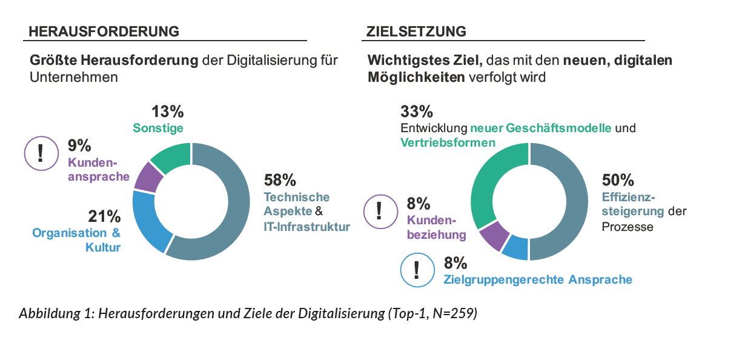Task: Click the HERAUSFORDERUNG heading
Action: [104, 31]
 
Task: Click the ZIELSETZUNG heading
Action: [416, 31]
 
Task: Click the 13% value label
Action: [167, 112]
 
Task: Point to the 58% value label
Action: [280, 180]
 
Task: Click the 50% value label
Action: [618, 180]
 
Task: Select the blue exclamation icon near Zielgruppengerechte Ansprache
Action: [417, 270]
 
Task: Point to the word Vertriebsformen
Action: [448, 142]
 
